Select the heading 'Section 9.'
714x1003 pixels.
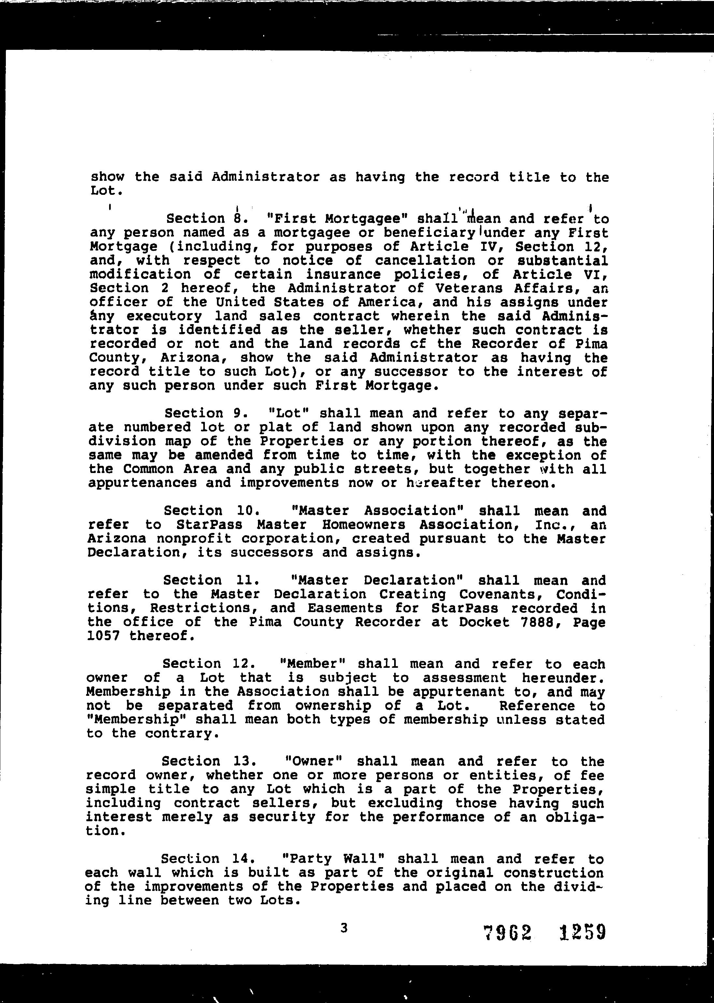(x=207, y=413)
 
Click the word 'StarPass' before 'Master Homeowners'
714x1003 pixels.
(x=211, y=524)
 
